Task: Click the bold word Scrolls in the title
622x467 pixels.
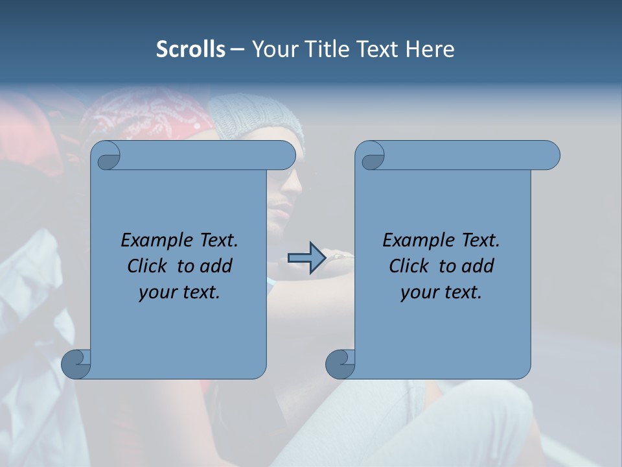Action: point(190,49)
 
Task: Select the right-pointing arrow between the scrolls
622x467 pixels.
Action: point(306,258)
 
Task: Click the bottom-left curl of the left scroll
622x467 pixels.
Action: point(76,364)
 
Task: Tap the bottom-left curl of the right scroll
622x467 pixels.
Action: point(340,364)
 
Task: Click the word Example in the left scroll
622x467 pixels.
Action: point(157,241)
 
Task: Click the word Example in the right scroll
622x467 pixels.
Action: point(419,241)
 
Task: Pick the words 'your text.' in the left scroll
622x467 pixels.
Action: point(179,292)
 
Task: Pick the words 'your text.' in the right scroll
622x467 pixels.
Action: point(441,292)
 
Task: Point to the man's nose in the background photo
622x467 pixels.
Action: point(295,188)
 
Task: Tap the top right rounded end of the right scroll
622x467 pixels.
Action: point(547,156)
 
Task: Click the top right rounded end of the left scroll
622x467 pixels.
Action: point(284,156)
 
